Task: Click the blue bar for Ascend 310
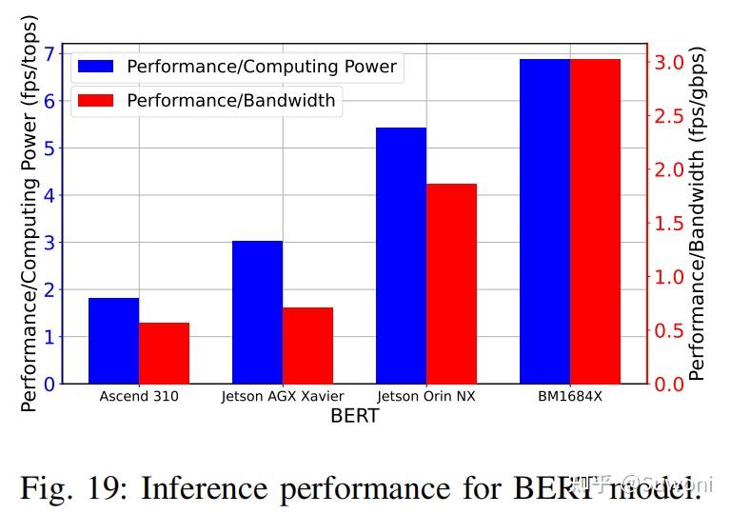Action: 113,341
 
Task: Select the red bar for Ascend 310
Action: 164,353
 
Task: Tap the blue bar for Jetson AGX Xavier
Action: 257,312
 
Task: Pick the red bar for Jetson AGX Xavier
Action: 307,346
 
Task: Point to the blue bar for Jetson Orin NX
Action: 401,255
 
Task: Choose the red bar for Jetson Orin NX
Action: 451,284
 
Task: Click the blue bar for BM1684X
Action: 544,221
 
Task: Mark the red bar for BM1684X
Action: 595,221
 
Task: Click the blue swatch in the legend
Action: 96,67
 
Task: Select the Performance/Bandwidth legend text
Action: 230,100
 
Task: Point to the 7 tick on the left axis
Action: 49,53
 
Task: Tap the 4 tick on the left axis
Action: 49,195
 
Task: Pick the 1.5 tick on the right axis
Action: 666,224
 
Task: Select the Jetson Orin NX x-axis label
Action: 425,396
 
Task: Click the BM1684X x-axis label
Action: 569,396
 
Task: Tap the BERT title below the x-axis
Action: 354,416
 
